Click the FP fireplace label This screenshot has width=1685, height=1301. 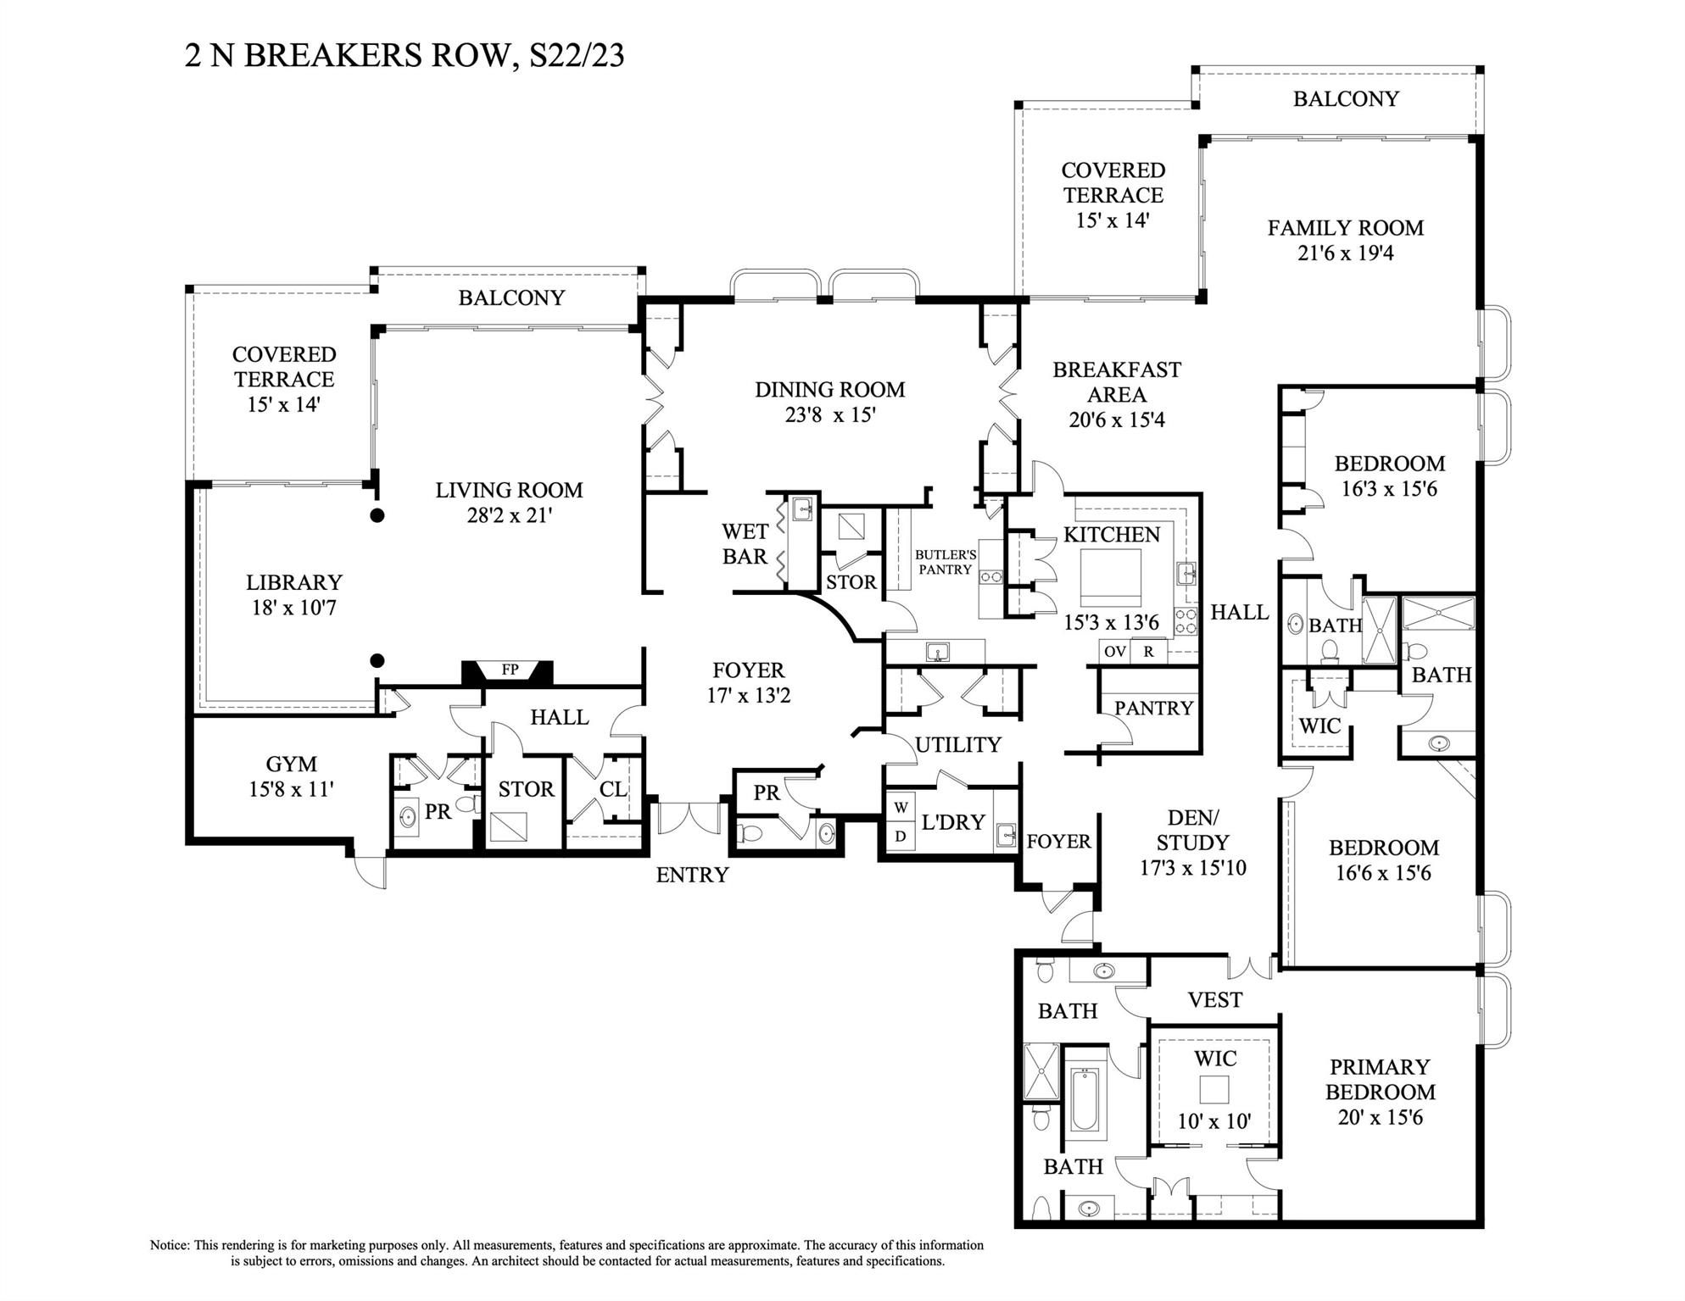(x=509, y=670)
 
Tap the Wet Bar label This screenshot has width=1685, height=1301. (x=745, y=544)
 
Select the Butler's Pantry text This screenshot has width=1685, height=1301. (x=945, y=562)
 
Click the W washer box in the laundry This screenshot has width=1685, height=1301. (x=901, y=809)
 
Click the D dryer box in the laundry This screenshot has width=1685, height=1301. (x=901, y=837)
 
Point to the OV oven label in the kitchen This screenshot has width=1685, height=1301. (x=1115, y=652)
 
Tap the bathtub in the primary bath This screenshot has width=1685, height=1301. (x=1086, y=1099)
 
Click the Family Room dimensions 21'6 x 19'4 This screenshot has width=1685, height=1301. (x=1345, y=253)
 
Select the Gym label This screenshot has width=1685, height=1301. (x=291, y=764)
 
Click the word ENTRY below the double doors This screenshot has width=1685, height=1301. (x=692, y=876)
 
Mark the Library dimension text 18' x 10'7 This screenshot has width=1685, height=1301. (x=293, y=608)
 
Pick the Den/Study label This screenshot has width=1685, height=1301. (x=1192, y=830)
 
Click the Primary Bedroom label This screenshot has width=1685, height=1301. (x=1380, y=1079)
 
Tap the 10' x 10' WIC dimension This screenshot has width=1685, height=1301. (x=1214, y=1121)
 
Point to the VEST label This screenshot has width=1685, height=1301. (x=1214, y=1000)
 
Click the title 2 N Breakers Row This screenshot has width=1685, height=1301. (x=405, y=55)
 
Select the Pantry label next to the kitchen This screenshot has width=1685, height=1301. (x=1152, y=708)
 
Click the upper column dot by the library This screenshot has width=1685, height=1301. (x=378, y=514)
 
